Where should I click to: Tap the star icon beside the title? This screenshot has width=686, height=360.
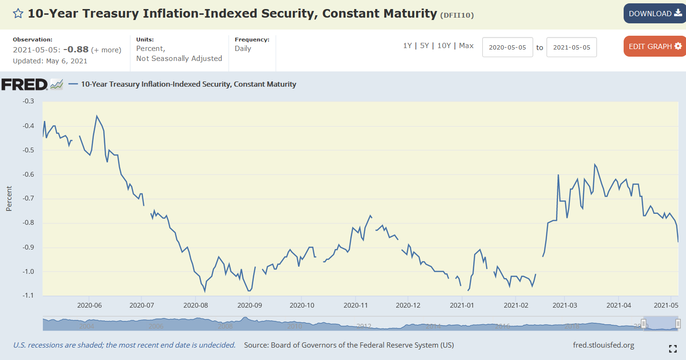coord(18,13)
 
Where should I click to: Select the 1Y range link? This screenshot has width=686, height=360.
coord(408,46)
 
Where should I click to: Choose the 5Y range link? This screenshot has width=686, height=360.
coord(424,46)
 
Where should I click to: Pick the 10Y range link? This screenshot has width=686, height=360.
coord(444,46)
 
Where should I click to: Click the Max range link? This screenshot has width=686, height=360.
coord(466,46)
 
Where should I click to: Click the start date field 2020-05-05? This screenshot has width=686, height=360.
coord(507,48)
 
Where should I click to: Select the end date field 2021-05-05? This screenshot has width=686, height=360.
coord(571,48)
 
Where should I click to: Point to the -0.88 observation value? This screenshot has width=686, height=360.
coord(76,50)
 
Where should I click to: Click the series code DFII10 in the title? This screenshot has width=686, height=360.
coord(457,15)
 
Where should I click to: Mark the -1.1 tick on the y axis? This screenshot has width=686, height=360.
coord(28,296)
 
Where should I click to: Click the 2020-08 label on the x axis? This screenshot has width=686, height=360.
coord(195,305)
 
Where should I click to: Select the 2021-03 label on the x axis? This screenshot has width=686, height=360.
coord(565,305)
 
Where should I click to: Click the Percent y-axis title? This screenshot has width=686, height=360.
coord(9,199)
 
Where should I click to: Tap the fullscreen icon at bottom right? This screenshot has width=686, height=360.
coord(673,349)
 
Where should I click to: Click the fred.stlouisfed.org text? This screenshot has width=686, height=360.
coord(604,345)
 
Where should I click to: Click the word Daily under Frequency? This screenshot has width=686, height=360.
coord(243,49)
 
